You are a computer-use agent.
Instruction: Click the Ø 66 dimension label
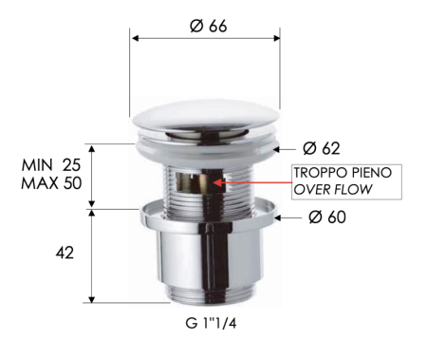coord(207,26)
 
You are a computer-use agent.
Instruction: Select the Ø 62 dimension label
coord(322,148)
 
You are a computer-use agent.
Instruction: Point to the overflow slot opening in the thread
coord(201,180)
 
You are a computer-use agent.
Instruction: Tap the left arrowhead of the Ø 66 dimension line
coord(134,39)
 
